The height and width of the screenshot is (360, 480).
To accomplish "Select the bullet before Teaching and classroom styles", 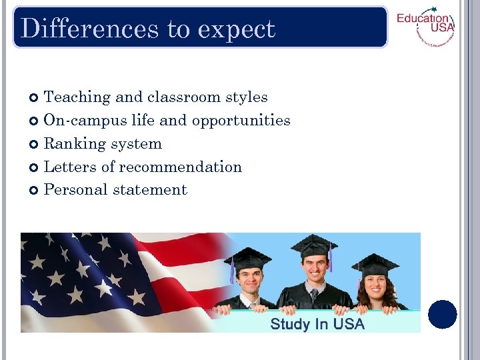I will coord(35,98).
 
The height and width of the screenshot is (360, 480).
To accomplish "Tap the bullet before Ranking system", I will coord(35,144).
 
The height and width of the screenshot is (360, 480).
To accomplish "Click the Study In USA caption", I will coord(317,324).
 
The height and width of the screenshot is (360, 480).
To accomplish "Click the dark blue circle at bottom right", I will coord(443,315).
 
